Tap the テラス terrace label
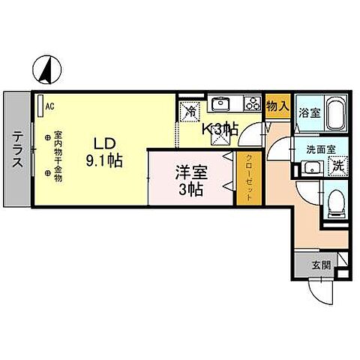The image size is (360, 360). click(x=16, y=149)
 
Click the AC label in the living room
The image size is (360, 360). click(x=49, y=106)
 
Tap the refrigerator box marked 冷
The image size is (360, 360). click(x=190, y=109)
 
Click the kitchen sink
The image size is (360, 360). click(x=223, y=103)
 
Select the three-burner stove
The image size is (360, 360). click(x=253, y=104)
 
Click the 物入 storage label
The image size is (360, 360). click(x=277, y=106)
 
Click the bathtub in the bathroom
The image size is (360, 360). click(x=333, y=114)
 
